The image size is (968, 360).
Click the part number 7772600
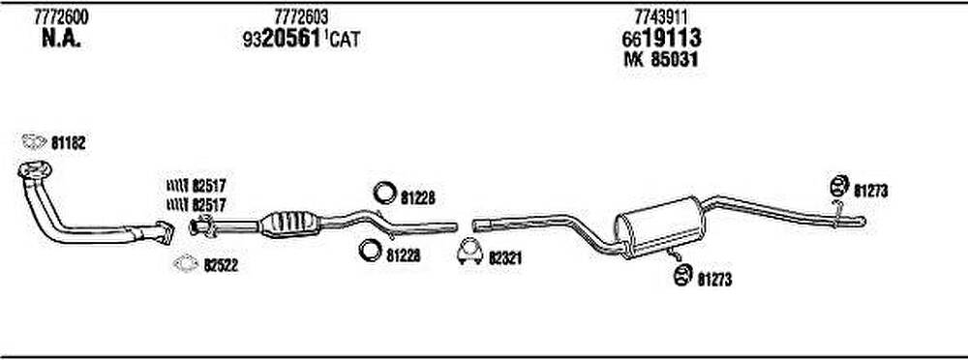(x=61, y=17)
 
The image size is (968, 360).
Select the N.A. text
(x=61, y=40)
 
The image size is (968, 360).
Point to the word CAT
(x=344, y=41)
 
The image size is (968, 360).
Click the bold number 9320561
(x=282, y=40)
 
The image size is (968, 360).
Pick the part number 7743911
(x=661, y=17)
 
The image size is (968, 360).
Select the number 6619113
(x=661, y=39)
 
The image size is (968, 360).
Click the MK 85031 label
(x=661, y=60)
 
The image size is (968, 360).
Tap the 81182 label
(x=68, y=144)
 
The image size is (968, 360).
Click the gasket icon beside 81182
(x=34, y=142)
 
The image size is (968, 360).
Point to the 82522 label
(x=221, y=265)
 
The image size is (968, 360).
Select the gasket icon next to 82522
(x=186, y=264)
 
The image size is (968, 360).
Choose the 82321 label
(x=505, y=258)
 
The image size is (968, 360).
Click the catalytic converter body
(x=288, y=223)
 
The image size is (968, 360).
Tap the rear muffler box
(x=659, y=226)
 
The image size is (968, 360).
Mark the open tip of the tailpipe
(x=863, y=221)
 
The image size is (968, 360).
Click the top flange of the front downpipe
(x=35, y=169)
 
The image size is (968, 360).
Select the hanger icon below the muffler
(x=682, y=276)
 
